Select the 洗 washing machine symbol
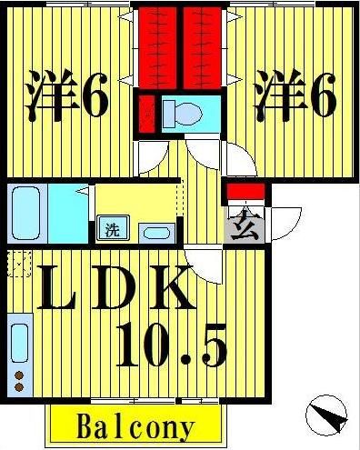tap(111, 230)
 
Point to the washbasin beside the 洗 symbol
tap(155, 232)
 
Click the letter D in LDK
tap(125, 290)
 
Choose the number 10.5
tap(173, 346)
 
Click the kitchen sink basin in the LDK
tap(20, 342)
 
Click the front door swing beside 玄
tap(283, 221)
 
